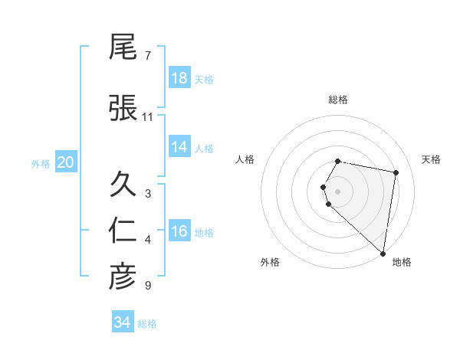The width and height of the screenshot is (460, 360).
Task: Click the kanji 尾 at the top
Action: [x=123, y=47]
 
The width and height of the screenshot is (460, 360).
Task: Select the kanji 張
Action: [x=123, y=108]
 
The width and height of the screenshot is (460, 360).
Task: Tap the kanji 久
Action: [x=123, y=185]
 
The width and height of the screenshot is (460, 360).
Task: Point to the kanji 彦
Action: [x=123, y=277]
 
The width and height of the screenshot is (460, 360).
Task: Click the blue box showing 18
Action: [x=179, y=78]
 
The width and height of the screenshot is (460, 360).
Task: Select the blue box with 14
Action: [x=179, y=147]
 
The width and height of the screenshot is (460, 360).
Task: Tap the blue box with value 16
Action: [x=179, y=231]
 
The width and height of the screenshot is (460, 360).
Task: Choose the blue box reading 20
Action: [x=66, y=162]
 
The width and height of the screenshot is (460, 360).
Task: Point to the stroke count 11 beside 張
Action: [x=148, y=117]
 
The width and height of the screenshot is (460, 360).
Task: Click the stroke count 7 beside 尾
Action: [x=148, y=56]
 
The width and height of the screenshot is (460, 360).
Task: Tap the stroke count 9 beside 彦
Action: [x=148, y=286]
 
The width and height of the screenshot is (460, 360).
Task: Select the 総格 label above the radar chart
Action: [x=338, y=100]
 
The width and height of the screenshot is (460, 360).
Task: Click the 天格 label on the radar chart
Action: [x=432, y=159]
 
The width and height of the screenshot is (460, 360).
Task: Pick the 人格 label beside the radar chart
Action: [x=245, y=159]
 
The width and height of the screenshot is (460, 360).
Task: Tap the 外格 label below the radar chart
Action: [x=270, y=262]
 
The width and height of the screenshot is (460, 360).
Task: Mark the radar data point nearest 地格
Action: [x=383, y=253]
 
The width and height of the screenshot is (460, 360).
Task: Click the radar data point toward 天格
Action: [x=396, y=172]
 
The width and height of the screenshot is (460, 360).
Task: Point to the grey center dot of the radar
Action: [x=338, y=191]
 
